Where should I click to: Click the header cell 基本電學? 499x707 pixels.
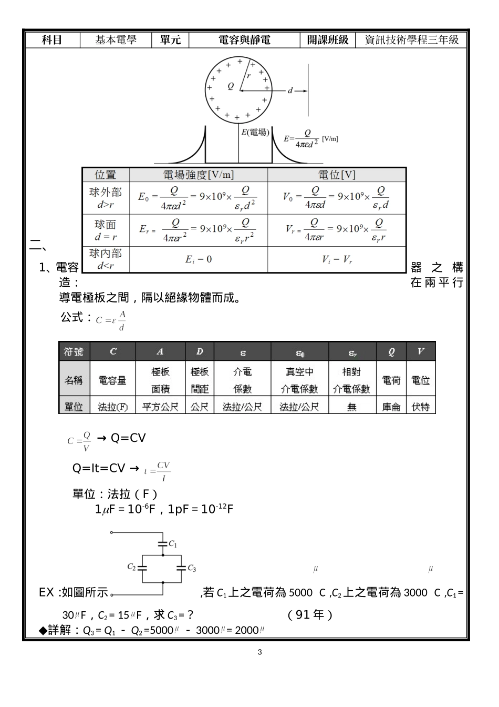click(x=116, y=40)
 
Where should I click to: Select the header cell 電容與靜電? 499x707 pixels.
click(x=244, y=40)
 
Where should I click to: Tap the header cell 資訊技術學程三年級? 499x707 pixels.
click(x=411, y=40)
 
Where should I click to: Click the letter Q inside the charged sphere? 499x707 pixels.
click(x=231, y=86)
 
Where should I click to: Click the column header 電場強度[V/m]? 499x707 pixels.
click(x=199, y=175)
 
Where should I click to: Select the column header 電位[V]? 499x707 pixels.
click(x=337, y=175)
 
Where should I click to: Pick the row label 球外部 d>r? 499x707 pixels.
click(x=106, y=198)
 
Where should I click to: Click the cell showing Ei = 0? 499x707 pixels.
click(x=199, y=259)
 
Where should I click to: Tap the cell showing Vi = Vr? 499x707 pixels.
click(x=337, y=259)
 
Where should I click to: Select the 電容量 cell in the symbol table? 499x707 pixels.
click(x=112, y=380)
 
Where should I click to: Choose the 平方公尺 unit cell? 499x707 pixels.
click(x=160, y=407)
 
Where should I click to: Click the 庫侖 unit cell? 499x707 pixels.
click(x=391, y=407)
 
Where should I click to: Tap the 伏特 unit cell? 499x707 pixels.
click(x=420, y=407)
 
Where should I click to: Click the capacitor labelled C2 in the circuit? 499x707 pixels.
click(x=141, y=568)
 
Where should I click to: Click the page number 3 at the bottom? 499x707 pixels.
click(x=259, y=653)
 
